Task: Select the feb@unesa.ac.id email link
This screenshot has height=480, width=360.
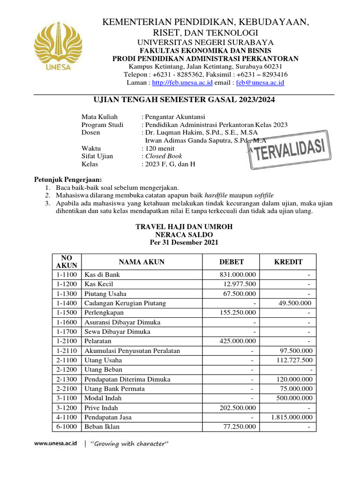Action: click(260, 82)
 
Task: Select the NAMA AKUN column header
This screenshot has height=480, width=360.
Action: click(142, 262)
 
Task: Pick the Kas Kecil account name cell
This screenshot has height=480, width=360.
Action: click(99, 284)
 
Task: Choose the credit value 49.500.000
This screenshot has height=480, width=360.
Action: click(295, 303)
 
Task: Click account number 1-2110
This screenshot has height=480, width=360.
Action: click(67, 351)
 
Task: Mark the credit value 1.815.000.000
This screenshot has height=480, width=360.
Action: click(292, 417)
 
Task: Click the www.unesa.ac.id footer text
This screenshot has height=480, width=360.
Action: click(56, 443)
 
